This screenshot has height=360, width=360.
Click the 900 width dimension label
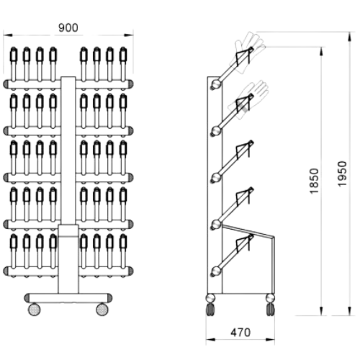(68, 28)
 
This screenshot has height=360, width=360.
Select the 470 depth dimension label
(240, 333)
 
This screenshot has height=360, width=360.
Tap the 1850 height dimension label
(314, 181)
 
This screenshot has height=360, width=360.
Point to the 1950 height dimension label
(342, 174)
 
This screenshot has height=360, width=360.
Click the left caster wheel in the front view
(35, 309)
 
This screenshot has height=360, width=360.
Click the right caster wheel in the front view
(102, 309)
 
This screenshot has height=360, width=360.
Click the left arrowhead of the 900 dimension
(7, 35)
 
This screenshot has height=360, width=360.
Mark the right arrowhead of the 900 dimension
(129, 35)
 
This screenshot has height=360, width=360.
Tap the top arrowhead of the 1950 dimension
(350, 37)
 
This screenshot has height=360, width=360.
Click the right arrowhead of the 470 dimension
(271, 339)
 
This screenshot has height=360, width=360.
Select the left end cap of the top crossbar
(6, 84)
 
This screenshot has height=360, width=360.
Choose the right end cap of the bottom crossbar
(130, 271)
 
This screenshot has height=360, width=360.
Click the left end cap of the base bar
(27, 297)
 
